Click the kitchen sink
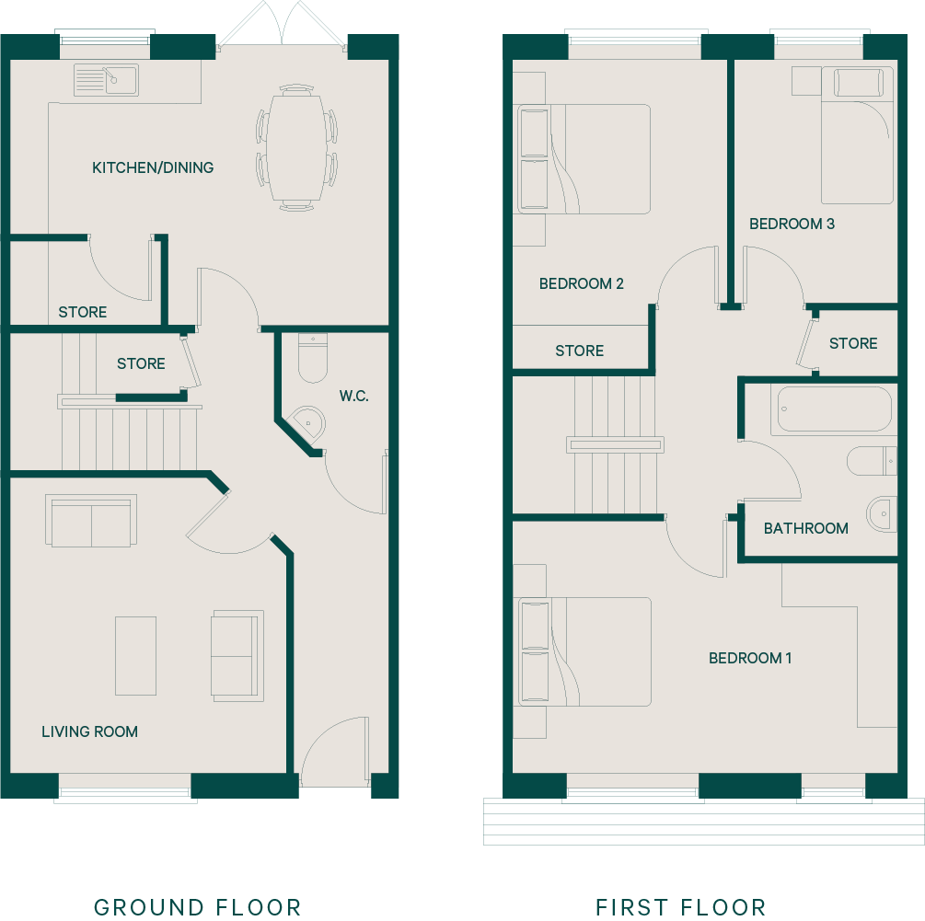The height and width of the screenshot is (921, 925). click(106, 80)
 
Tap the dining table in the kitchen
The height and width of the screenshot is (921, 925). click(296, 147)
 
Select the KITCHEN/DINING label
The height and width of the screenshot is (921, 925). click(153, 167)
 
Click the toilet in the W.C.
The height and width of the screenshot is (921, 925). click(313, 359)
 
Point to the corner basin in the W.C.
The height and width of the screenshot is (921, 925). click(309, 422)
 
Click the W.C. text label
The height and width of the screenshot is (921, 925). click(354, 396)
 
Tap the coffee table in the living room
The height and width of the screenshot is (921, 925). click(135, 656)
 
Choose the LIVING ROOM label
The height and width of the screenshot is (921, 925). click(89, 731)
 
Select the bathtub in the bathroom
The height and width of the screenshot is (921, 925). click(834, 409)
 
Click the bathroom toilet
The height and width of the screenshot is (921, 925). click(872, 460)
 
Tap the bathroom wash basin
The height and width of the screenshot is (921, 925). click(883, 514)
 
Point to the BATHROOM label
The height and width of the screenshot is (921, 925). click(806, 528)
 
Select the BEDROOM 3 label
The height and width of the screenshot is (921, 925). click(792, 224)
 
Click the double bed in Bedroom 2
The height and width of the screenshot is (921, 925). click(584, 158)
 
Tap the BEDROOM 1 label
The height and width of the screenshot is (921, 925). click(750, 658)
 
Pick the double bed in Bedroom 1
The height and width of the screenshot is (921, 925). click(584, 651)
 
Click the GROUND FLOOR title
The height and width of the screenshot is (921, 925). click(198, 907)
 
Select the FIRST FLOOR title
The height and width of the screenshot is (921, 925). click(681, 907)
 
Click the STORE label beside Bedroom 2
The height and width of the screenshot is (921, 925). click(579, 351)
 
